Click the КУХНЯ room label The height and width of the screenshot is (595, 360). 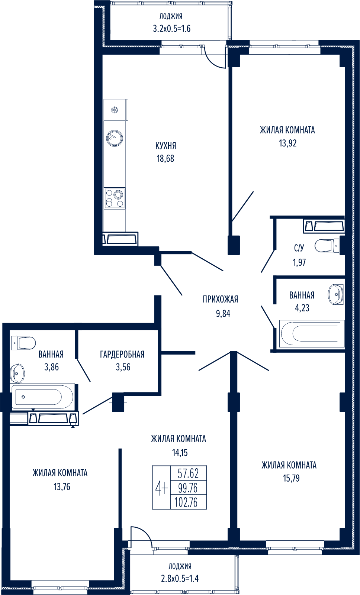click(x=166, y=146)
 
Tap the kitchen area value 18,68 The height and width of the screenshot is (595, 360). click(x=165, y=159)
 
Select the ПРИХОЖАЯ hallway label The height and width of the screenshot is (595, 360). click(x=220, y=299)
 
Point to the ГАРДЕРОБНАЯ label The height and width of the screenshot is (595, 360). click(x=122, y=354)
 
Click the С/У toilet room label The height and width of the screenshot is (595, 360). click(x=299, y=248)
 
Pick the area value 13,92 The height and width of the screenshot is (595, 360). click(x=287, y=143)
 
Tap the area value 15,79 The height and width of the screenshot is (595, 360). click(x=291, y=478)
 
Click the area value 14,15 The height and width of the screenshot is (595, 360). click(x=180, y=453)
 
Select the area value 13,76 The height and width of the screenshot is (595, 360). click(x=62, y=486)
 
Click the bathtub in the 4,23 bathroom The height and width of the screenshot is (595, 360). click(x=311, y=334)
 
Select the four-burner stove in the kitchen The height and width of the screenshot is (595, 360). click(x=115, y=198)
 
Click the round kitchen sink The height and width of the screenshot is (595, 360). click(x=115, y=138)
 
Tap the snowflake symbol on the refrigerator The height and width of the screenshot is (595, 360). click(x=115, y=110)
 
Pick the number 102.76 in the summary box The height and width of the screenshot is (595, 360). click(x=186, y=502)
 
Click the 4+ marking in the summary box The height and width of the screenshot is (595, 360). click(x=161, y=488)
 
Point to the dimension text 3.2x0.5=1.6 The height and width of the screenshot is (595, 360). click(x=171, y=29)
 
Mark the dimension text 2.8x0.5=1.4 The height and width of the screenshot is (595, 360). click(x=180, y=579)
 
